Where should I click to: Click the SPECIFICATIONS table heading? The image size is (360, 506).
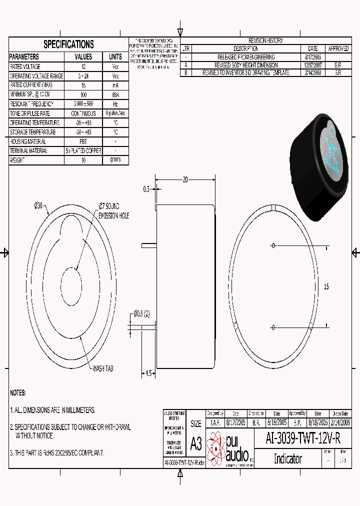[68, 44]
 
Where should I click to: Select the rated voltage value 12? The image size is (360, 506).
[83, 66]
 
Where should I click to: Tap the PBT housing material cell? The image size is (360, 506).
[83, 141]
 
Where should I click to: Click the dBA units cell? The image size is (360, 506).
[115, 94]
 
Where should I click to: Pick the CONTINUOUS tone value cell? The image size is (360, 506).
[83, 113]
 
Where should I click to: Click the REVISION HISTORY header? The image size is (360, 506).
[265, 40]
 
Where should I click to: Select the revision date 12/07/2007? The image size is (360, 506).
[313, 65]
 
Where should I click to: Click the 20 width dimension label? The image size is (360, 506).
[185, 180]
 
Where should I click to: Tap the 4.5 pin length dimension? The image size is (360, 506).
[148, 373]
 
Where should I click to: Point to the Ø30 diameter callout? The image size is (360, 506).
[39, 205]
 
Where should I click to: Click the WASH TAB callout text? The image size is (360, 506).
[102, 368]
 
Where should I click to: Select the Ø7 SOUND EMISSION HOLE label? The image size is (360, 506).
[113, 210]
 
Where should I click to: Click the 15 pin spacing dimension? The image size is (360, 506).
[326, 287]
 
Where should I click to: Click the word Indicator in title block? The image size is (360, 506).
[287, 458]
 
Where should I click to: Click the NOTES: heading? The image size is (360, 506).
[18, 393]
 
